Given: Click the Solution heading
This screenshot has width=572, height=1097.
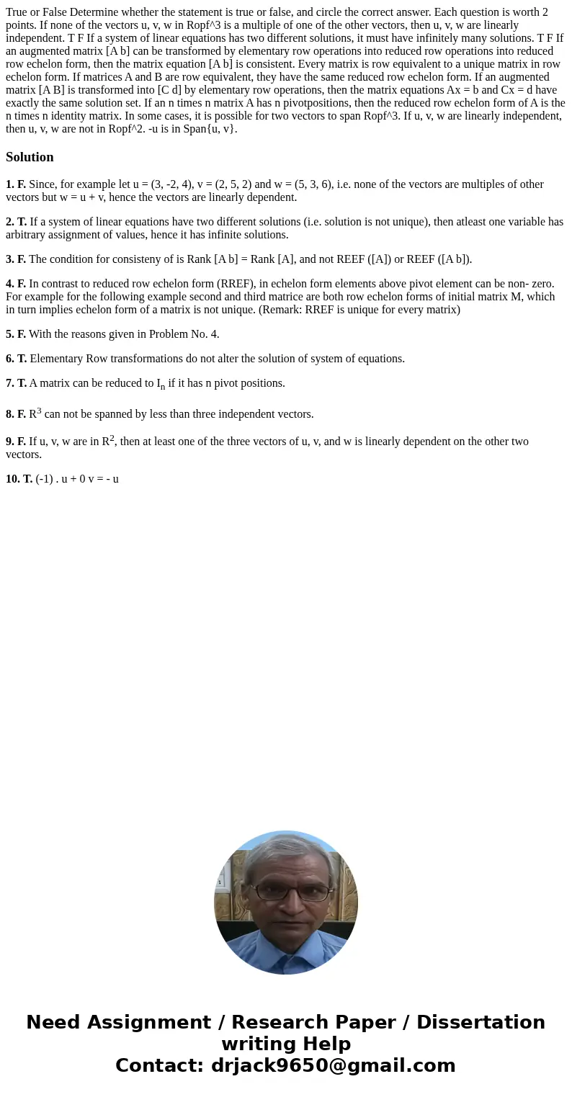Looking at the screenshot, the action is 30,157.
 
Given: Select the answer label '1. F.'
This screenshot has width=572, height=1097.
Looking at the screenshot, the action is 16,184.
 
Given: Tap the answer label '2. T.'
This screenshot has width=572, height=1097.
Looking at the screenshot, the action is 16,222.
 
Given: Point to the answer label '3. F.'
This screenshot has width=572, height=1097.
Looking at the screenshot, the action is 16,259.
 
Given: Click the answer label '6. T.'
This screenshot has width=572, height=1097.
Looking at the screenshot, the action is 16,359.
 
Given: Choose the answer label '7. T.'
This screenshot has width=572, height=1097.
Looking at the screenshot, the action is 16,383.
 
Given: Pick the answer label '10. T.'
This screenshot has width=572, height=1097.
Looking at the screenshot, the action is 19,478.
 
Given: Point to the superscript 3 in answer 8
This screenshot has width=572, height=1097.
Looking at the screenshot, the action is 39,411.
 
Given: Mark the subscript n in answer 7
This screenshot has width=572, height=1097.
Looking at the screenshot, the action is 163,387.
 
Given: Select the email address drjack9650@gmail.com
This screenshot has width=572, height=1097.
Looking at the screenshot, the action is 333,1066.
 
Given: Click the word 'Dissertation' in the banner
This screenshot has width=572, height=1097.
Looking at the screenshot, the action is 481,1023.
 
